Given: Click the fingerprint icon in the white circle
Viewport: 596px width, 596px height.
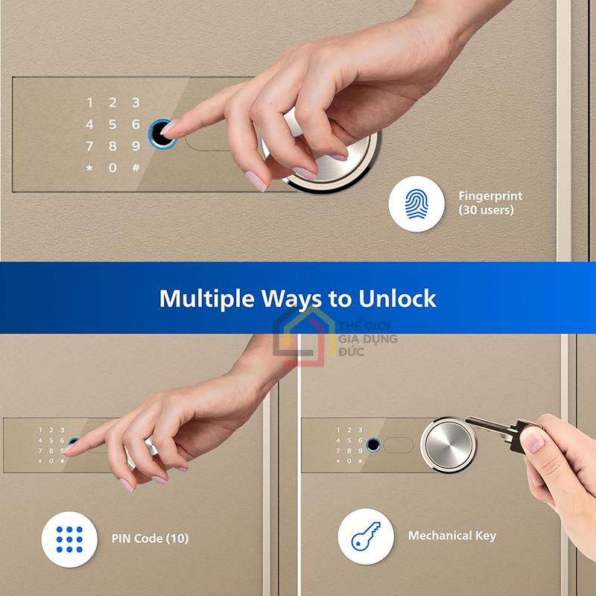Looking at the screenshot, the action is pyautogui.click(x=416, y=203).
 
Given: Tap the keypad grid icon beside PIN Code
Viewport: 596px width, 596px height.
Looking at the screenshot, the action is pyautogui.click(x=69, y=539).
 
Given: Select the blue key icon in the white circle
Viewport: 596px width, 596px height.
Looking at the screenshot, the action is pyautogui.click(x=366, y=536).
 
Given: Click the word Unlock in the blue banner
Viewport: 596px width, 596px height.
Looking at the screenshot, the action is pyautogui.click(x=397, y=299).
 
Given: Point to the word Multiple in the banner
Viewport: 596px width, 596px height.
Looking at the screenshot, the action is pyautogui.click(x=207, y=299).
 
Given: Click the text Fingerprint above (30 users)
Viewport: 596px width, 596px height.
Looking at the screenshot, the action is pyautogui.click(x=490, y=197).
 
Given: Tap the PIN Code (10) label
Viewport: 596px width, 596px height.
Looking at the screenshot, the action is pyautogui.click(x=150, y=539).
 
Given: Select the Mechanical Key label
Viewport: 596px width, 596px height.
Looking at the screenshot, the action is pyautogui.click(x=452, y=536).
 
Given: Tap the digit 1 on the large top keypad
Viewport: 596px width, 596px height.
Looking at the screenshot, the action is pyautogui.click(x=89, y=103).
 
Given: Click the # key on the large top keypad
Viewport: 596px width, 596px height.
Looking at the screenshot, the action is pyautogui.click(x=136, y=168).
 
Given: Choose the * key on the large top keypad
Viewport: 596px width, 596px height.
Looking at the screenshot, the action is pyautogui.click(x=89, y=168).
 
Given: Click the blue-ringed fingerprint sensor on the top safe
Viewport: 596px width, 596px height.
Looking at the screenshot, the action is pyautogui.click(x=161, y=134).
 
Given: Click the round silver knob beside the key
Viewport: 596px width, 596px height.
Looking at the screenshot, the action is pyautogui.click(x=448, y=445).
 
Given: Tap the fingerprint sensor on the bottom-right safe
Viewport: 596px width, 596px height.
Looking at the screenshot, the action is pyautogui.click(x=373, y=445).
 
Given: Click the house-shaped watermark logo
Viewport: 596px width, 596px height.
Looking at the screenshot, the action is pyautogui.click(x=304, y=337).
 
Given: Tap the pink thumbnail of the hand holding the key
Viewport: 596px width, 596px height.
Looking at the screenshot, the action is pyautogui.click(x=532, y=440).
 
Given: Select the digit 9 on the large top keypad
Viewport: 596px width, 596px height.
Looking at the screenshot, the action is pyautogui.click(x=136, y=146).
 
